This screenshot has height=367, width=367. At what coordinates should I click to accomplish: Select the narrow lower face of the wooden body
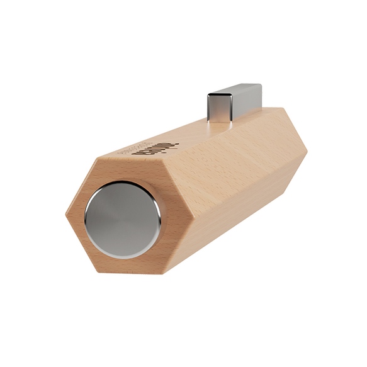[227, 223]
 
